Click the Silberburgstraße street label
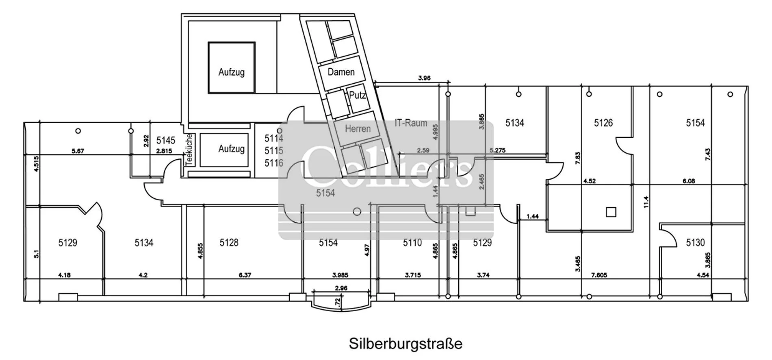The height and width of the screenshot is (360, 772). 406,344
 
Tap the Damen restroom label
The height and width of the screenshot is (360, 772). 341,72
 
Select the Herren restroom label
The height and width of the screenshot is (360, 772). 358,129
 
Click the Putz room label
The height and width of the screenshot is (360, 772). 358,95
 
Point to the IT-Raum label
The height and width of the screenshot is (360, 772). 411,123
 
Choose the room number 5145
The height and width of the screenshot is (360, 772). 166,141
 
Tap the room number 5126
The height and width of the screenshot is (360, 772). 603,123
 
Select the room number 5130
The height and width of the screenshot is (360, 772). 695,243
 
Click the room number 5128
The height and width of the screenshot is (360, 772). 229,243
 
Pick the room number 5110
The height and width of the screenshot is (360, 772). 412,243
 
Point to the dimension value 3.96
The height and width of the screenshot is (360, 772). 424,78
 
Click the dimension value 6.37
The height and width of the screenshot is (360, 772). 245,275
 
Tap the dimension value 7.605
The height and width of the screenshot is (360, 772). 599,275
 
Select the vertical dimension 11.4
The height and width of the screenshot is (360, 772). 646,202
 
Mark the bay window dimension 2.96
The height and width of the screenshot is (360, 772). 341,288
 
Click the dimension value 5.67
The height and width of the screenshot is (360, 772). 78,151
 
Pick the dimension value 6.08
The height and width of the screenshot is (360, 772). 689,181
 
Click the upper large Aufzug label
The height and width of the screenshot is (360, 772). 231,72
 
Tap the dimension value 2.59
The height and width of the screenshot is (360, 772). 423,150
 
